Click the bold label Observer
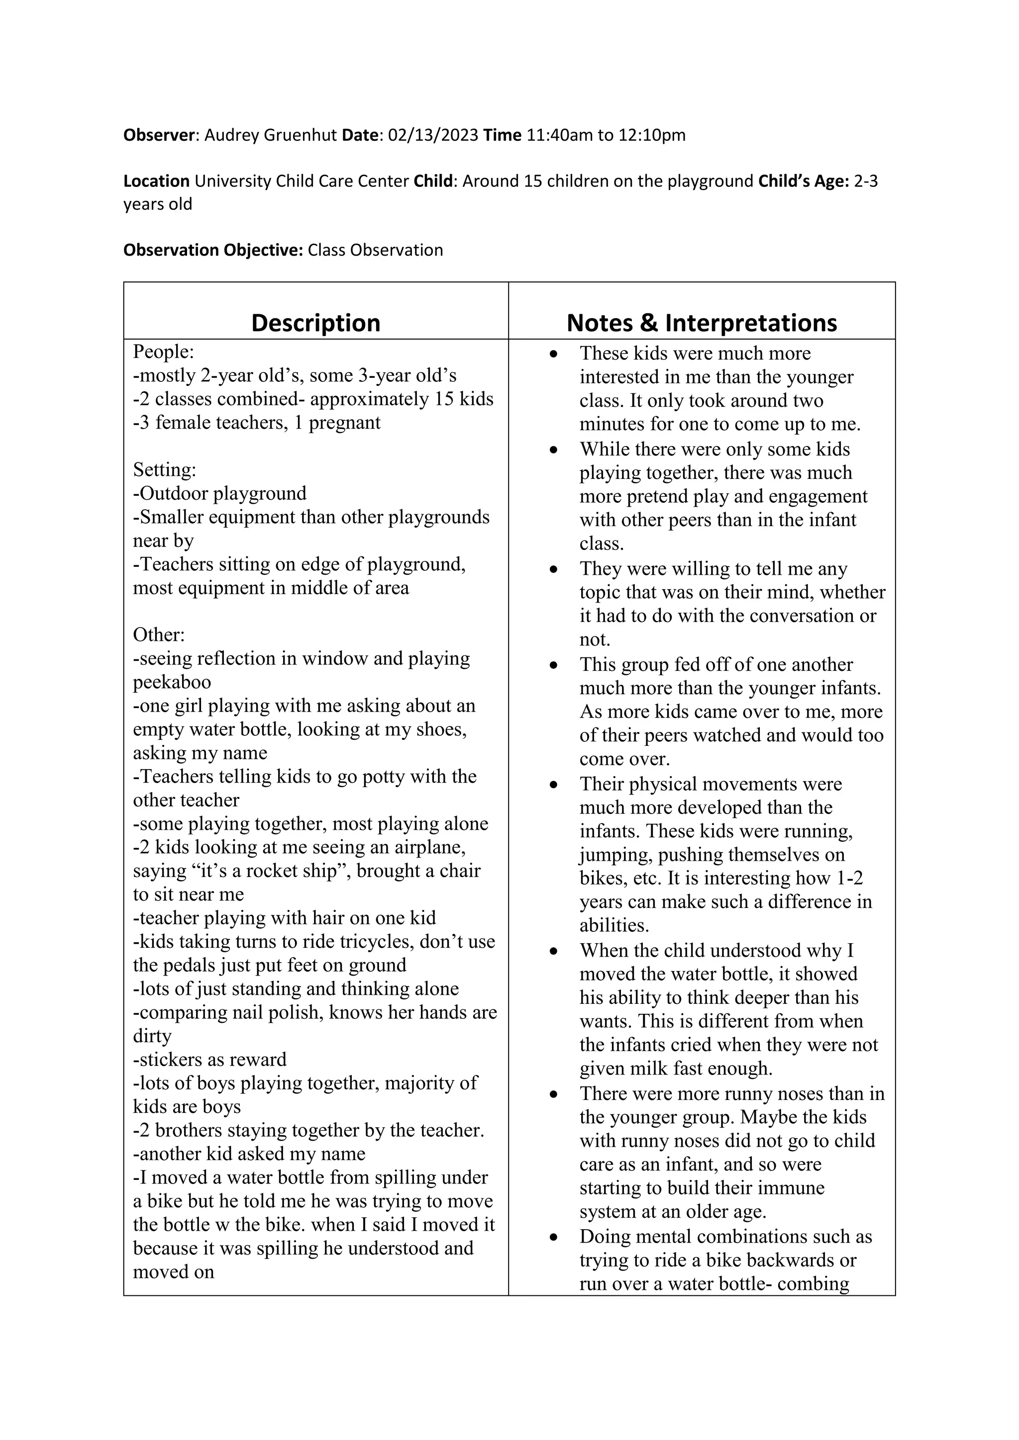[x=160, y=135]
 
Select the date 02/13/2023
[x=433, y=135]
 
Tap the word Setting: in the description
[x=164, y=469]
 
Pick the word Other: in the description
[x=159, y=634]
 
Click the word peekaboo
[x=172, y=682]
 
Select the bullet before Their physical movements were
[x=553, y=785]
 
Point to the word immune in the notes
[x=791, y=1187]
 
